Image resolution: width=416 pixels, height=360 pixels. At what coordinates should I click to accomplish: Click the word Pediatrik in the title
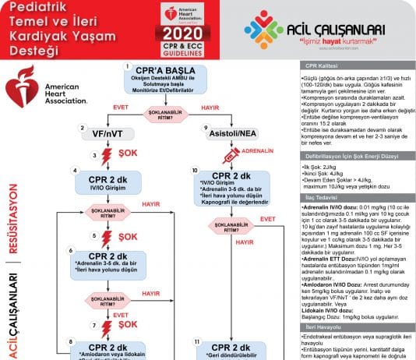(x=37, y=8)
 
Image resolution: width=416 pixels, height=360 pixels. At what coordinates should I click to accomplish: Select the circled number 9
(x=206, y=127)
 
